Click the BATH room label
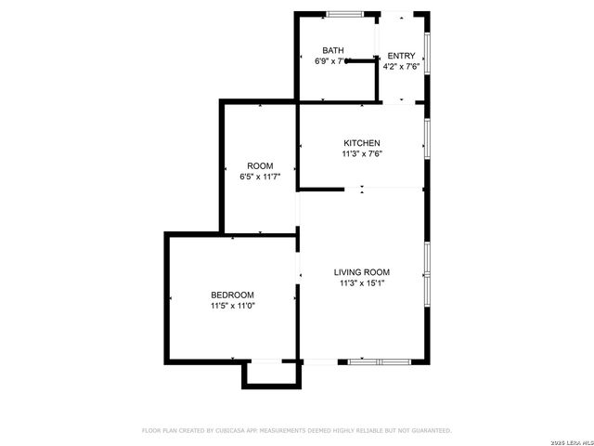[x=333, y=50]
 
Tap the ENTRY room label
[x=401, y=56]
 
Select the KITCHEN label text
[x=361, y=142]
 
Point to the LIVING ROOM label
[x=361, y=272]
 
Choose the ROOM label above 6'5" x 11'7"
[x=260, y=165]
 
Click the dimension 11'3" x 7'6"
[x=361, y=153]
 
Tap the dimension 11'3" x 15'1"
[x=361, y=283]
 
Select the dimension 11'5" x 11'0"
[x=233, y=305]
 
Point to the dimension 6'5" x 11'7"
[x=260, y=176]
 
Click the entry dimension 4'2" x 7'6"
[x=401, y=66]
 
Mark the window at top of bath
[x=345, y=13]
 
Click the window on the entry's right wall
[x=427, y=56]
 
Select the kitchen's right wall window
[x=427, y=137]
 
